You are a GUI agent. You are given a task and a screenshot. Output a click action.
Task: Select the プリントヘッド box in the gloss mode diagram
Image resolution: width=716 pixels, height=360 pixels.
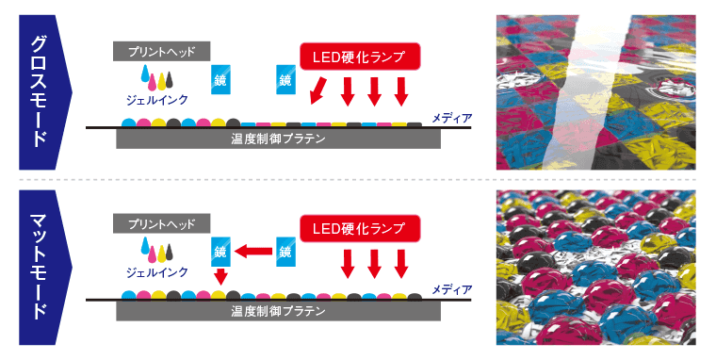[160, 52]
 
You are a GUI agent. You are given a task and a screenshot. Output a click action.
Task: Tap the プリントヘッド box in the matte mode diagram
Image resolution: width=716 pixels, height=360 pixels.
[160, 224]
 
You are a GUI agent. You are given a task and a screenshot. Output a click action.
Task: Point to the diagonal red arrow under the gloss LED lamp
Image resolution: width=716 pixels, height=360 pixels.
[318, 92]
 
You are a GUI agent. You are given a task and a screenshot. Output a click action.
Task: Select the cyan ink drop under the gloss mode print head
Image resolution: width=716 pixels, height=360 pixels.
[144, 74]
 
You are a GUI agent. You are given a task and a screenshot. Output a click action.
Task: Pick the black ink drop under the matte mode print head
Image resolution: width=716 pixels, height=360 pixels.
[172, 250]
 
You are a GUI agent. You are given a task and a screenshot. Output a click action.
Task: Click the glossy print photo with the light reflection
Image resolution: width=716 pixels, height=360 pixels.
[594, 92]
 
